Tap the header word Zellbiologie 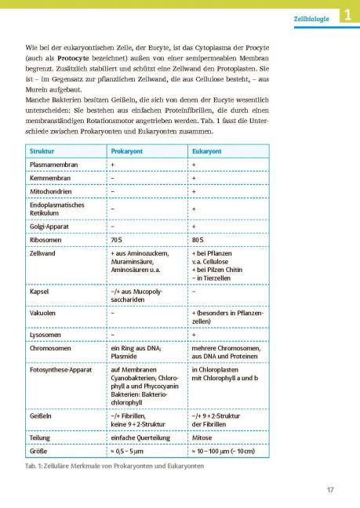click(x=311, y=15)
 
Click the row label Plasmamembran click(x=53, y=165)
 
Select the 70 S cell click(x=118, y=239)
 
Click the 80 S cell click(x=198, y=239)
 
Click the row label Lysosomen click(x=46, y=335)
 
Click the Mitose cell click(x=202, y=439)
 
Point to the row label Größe click(x=38, y=452)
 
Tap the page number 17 click(x=330, y=492)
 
